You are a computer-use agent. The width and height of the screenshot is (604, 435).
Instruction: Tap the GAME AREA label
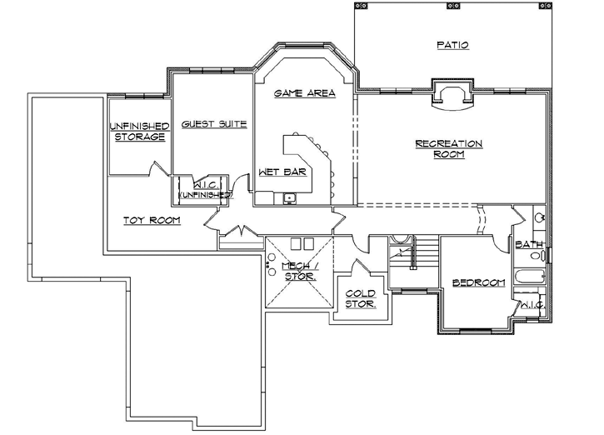pos(305,94)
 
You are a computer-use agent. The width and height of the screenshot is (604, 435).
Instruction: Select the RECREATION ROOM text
pos(449,149)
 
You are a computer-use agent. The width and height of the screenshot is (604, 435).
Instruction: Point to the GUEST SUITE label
pos(214,124)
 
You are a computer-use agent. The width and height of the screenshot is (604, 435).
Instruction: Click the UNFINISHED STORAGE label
pos(139,131)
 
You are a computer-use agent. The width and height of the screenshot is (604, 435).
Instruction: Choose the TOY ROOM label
pos(152,220)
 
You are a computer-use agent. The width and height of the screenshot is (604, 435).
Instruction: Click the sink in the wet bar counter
pos(288,198)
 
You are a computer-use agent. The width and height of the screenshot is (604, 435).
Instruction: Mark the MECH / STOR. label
pos(298,270)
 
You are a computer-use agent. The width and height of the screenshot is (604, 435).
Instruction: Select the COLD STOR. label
pos(361,298)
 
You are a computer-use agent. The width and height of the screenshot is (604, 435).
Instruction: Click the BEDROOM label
pos(479,283)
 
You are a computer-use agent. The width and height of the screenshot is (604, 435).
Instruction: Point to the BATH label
pos(530,245)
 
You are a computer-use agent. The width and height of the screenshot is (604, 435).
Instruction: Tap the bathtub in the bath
pos(530,277)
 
